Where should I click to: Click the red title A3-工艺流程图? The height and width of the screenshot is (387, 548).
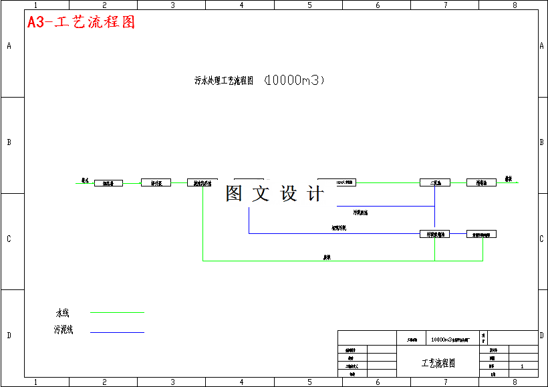coord(82,22)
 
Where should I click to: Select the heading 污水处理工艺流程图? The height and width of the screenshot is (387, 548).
coord(224,81)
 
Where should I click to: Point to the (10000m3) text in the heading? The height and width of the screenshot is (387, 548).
coord(295,80)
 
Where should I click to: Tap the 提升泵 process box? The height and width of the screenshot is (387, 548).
coord(156,182)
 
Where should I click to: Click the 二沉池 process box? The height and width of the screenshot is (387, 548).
coord(434,182)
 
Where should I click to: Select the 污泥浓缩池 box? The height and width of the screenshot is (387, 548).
coord(434,234)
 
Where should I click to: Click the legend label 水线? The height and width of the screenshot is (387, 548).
coord(62,313)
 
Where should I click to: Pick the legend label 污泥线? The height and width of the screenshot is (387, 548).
coord(63,330)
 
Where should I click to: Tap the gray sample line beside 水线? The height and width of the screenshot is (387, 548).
coord(117,312)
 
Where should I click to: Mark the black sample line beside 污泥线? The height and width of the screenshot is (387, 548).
coord(117,332)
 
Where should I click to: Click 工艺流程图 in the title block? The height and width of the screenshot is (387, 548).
coord(438,364)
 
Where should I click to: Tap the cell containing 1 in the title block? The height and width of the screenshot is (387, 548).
coord(522,366)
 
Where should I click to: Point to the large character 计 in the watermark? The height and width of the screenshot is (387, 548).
coord(315,194)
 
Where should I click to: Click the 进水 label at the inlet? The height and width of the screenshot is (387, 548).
coord(85,180)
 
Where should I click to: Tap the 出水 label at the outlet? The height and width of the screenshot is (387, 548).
coord(508,179)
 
